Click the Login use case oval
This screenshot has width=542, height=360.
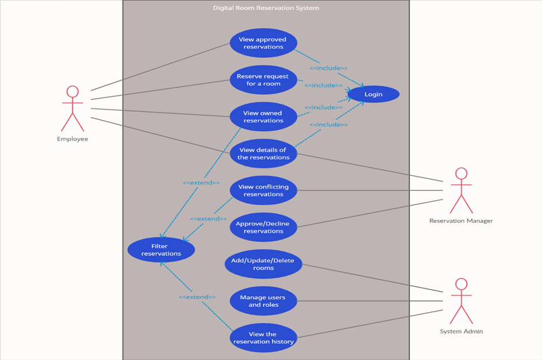tap(373, 94)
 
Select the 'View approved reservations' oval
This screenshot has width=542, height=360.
tap(263, 43)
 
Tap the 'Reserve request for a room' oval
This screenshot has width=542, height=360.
tap(263, 80)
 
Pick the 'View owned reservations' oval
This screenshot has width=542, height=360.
tap(263, 117)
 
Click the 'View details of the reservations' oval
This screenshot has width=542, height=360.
tap(263, 153)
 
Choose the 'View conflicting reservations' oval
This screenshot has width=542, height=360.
tap(263, 190)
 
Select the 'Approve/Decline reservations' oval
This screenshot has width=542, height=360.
tap(263, 227)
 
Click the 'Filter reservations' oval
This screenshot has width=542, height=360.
tap(161, 250)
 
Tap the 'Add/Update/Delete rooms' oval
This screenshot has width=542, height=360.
tap(263, 264)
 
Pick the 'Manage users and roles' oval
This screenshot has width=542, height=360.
tap(263, 301)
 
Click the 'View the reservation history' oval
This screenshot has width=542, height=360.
tap(263, 337)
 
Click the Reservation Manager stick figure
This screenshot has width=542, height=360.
tap(461, 190)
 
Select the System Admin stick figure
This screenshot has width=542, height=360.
tap(461, 301)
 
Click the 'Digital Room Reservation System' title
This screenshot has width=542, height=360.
tap(266, 8)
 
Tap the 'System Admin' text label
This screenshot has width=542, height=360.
tap(461, 331)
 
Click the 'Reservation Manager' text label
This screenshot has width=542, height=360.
tap(461, 220)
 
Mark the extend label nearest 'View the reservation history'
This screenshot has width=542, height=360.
tap(197, 297)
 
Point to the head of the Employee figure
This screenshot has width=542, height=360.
tap(72, 92)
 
